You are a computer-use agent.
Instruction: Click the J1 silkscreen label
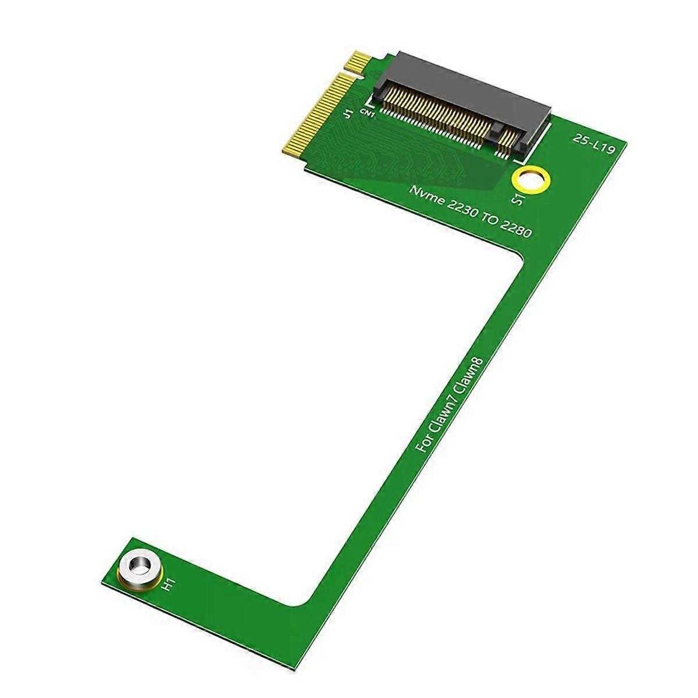pos(348,112)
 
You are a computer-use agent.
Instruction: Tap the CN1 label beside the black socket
pos(368,113)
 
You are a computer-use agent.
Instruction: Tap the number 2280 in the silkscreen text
pos(514,229)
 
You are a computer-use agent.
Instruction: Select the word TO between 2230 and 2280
pos(486,218)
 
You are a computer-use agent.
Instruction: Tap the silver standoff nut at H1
pos(138,566)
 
